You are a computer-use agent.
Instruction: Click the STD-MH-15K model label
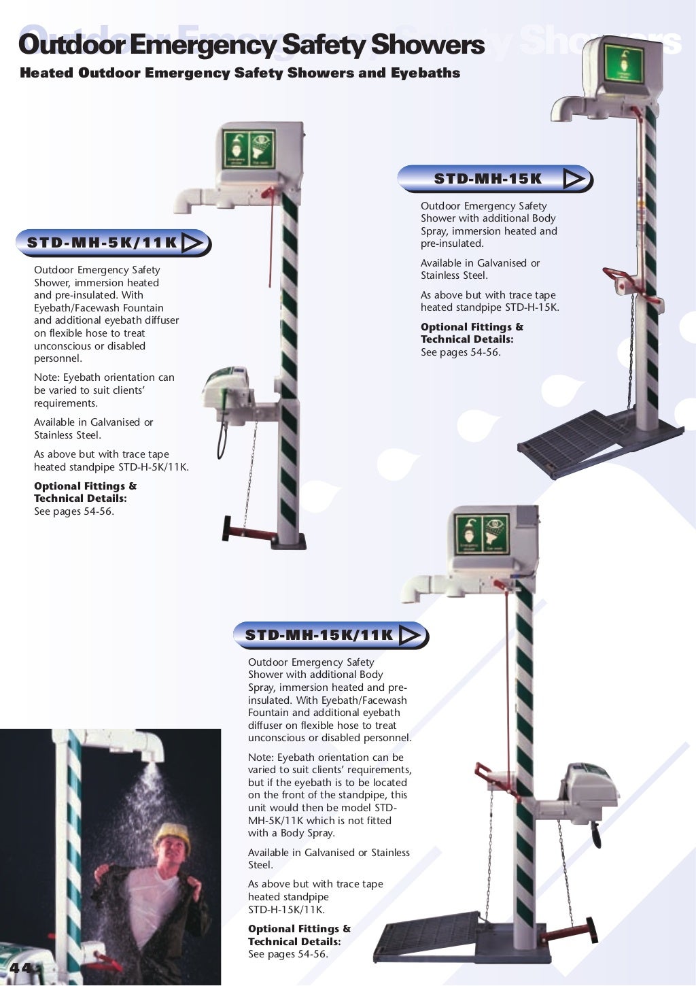coord(487,179)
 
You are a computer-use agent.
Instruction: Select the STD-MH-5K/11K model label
coord(102,243)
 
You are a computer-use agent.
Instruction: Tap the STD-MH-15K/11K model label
coord(319,635)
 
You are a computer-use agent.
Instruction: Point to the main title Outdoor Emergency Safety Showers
coord(251,45)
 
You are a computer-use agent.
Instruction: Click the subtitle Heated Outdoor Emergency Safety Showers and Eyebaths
coord(240,73)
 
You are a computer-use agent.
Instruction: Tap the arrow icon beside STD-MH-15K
coord(574,179)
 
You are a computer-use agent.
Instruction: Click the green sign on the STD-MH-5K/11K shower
coord(249,150)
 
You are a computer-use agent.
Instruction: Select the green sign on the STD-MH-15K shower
coord(623,64)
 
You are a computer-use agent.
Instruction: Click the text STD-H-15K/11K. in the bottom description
coord(286,910)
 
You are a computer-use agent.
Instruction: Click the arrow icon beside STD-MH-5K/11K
coord(193,243)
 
